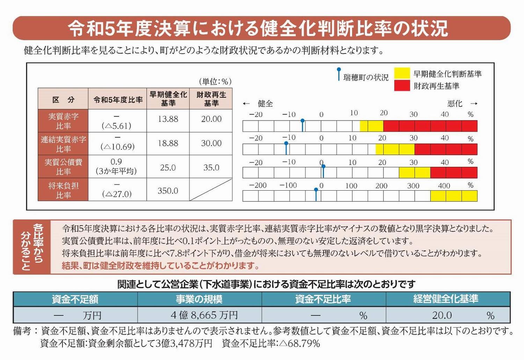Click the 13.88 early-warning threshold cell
(168, 119)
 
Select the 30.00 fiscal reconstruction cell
(211, 143)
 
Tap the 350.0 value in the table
(168, 191)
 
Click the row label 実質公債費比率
(63, 167)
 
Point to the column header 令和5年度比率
(118, 100)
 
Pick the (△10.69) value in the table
(118, 147)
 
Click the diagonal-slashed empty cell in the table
(211, 190)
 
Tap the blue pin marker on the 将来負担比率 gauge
(316, 194)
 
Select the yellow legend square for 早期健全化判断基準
(402, 73)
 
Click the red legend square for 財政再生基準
(402, 86)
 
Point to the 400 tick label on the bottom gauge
(444, 186)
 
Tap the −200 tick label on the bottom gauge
(258, 185)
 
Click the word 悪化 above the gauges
(454, 104)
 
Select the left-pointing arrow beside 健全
(246, 104)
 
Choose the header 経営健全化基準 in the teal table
(445, 299)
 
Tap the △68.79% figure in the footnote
(299, 344)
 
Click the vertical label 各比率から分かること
(32, 247)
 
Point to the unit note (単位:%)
(215, 82)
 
